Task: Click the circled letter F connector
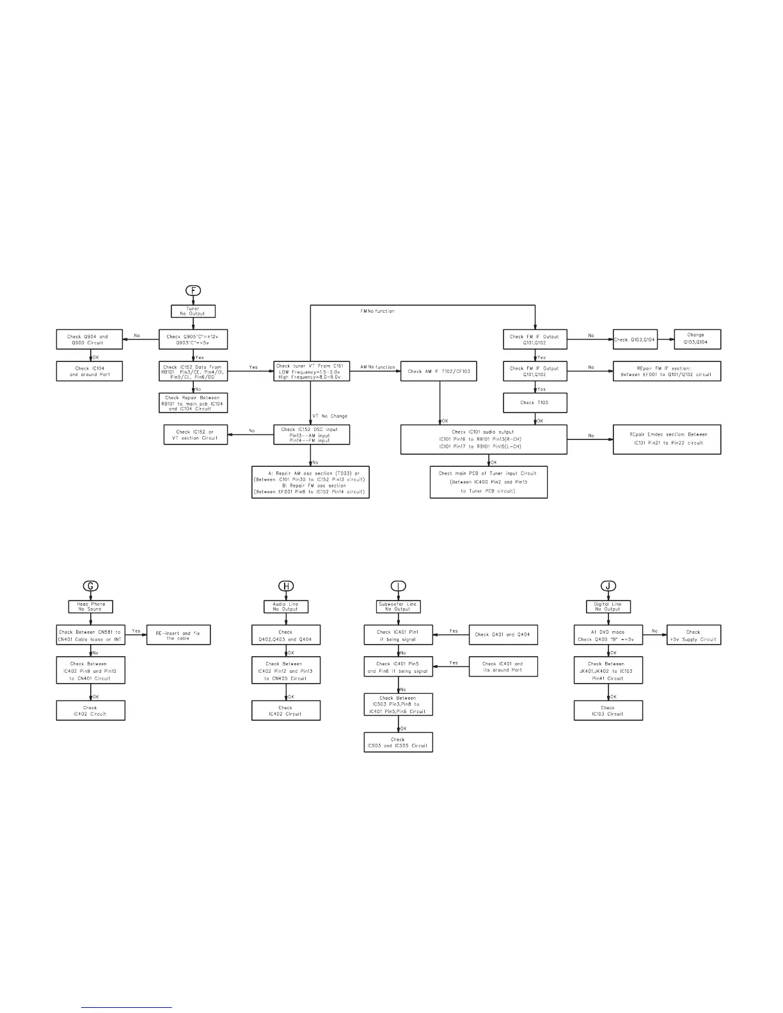193,290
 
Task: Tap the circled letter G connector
91,586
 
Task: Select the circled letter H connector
286,586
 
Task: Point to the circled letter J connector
608,586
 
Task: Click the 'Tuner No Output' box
193,311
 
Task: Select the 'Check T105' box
535,403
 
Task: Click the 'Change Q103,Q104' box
697,339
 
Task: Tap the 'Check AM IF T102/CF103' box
439,372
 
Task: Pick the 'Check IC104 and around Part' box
90,372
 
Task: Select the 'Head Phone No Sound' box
91,606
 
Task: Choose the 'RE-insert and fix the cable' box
178,635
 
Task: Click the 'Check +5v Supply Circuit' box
693,635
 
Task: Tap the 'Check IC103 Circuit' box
608,711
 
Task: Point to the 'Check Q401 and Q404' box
504,634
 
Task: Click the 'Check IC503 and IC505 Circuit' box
398,742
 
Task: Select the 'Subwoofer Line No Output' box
398,606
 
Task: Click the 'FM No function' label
378,311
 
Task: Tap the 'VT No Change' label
330,416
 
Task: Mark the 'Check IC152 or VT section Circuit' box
196,435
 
